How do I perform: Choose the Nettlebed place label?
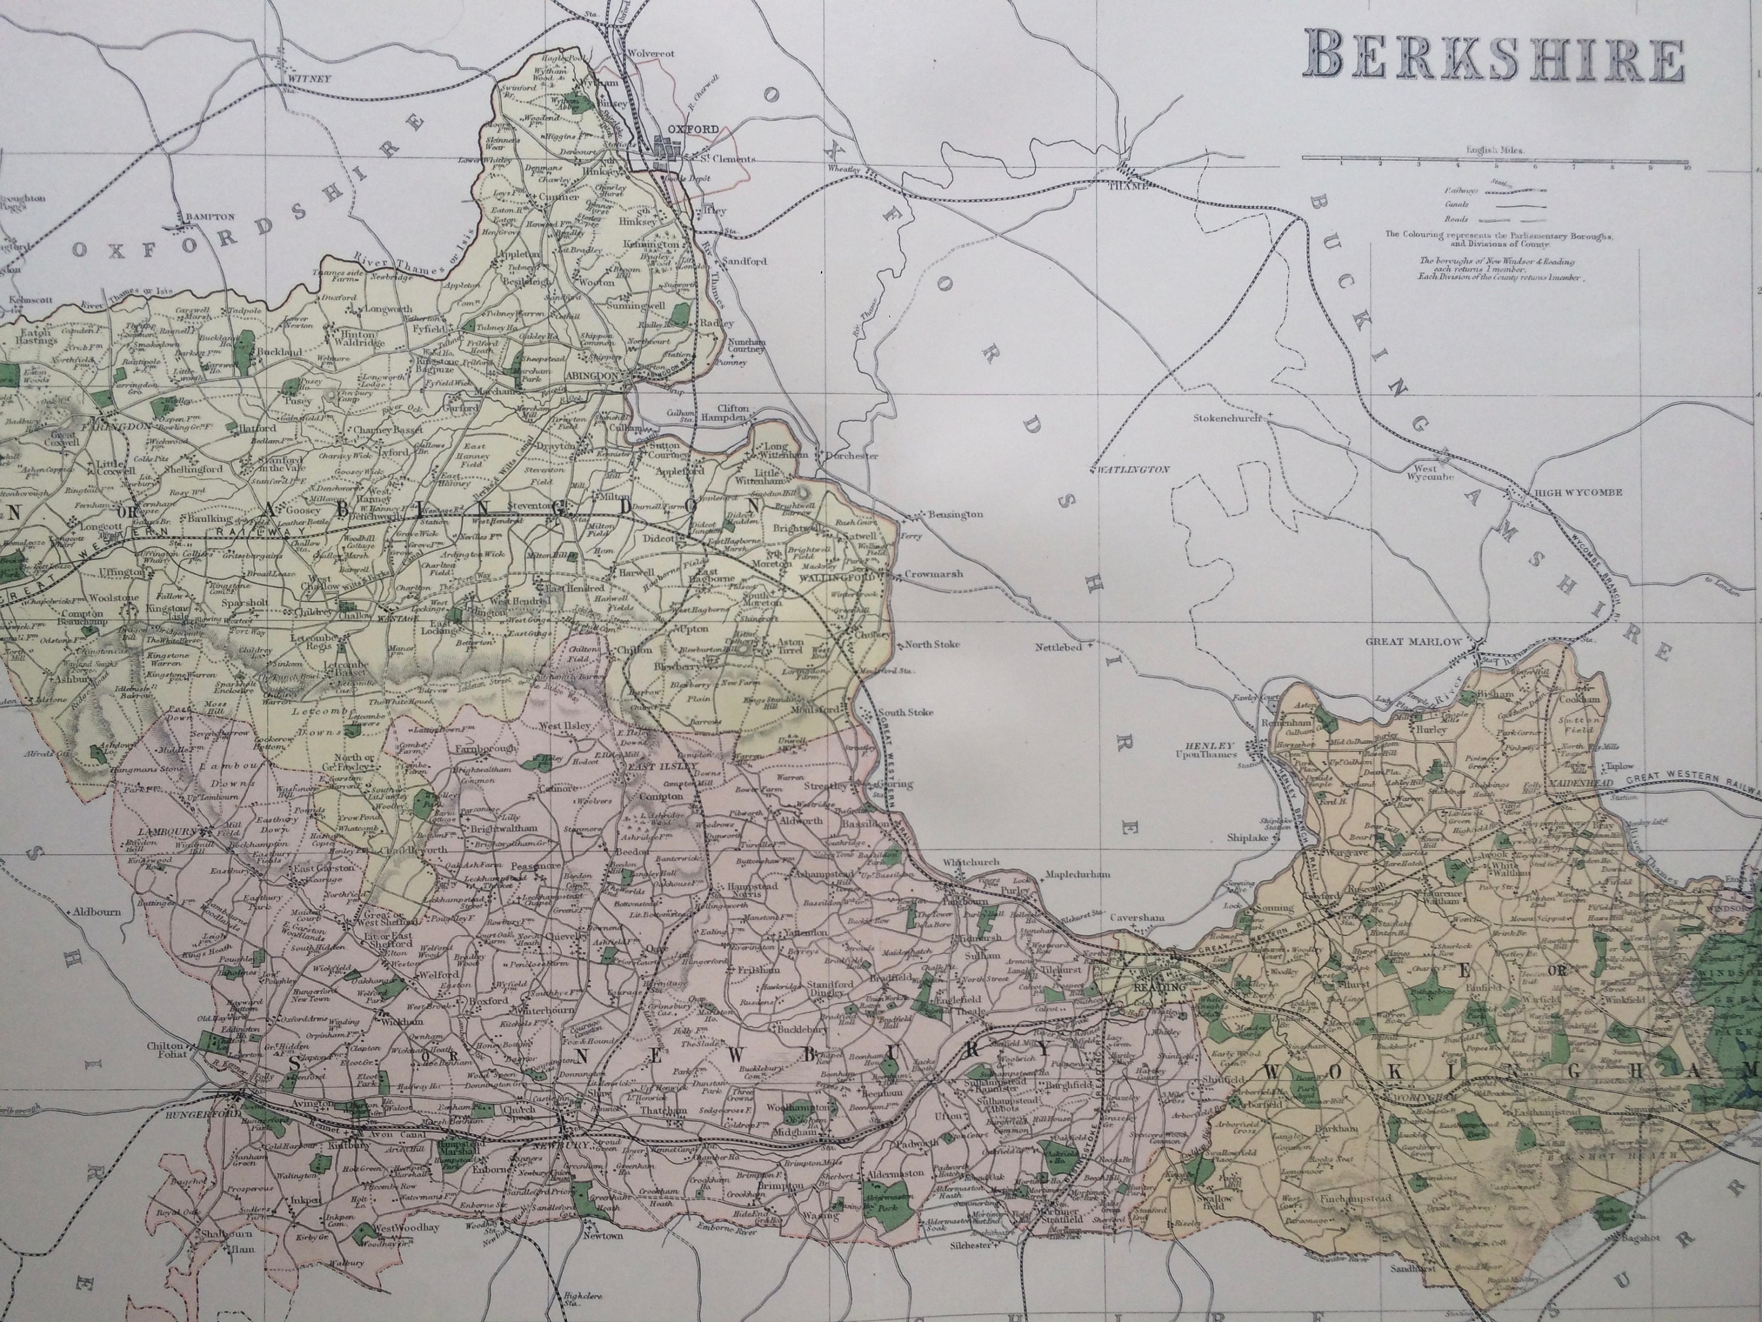pyautogui.click(x=1058, y=647)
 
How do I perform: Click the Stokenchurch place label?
pyautogui.click(x=1228, y=418)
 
